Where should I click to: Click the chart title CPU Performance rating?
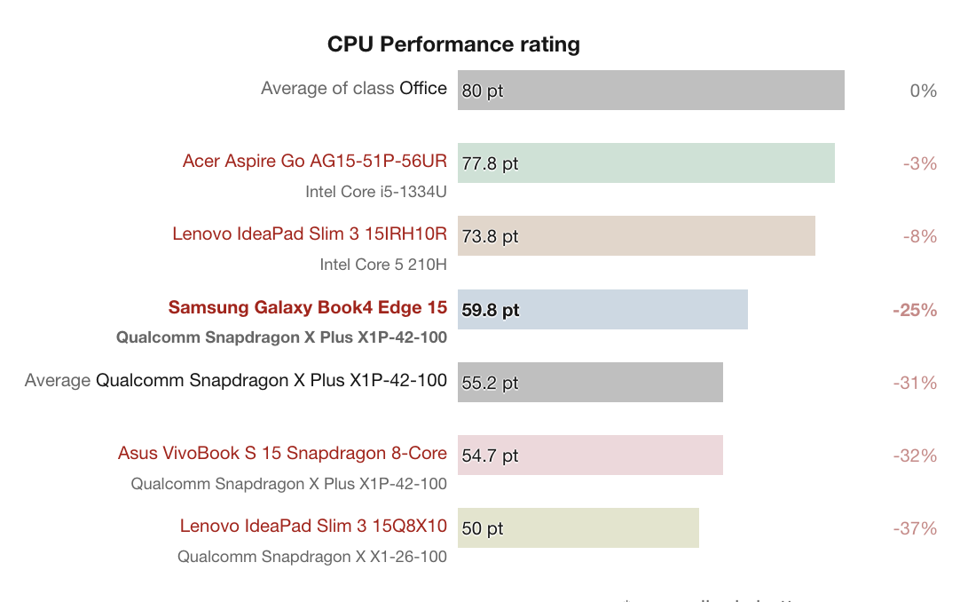point(453,44)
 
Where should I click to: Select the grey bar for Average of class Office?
point(650,91)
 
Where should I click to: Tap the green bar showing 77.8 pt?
point(646,163)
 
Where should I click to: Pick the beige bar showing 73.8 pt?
point(636,236)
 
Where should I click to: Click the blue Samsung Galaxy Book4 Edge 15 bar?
point(602,310)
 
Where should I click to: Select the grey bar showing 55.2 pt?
point(590,383)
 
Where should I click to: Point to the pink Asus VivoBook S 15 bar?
point(590,455)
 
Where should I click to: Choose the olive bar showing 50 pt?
point(578,528)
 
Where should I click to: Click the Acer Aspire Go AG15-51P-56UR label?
point(315,161)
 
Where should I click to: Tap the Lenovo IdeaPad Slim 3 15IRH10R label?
point(310,234)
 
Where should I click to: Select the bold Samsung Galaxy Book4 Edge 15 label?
point(308,307)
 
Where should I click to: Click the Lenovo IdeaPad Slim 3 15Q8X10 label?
point(313,526)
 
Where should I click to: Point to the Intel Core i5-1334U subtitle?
point(376,192)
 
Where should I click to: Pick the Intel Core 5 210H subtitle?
point(383,265)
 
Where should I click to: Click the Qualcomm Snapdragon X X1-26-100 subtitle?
point(312,557)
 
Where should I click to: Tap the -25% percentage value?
point(915,310)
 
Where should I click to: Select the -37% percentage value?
point(915,528)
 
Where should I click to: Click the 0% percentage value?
point(924,91)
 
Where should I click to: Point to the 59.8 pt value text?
point(491,311)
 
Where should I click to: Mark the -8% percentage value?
point(919,236)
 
